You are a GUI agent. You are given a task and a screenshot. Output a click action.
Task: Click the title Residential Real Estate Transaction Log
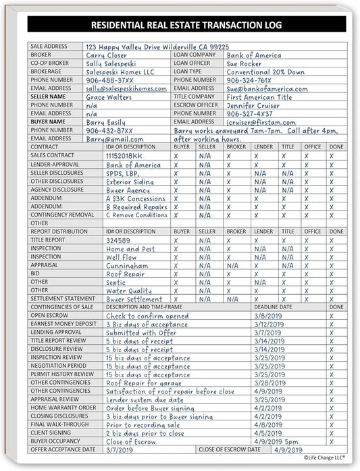tap(180, 26)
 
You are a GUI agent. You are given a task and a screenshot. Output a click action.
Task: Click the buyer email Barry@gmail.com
tap(115, 138)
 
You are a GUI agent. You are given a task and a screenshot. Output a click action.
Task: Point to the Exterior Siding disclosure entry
tap(129, 182)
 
